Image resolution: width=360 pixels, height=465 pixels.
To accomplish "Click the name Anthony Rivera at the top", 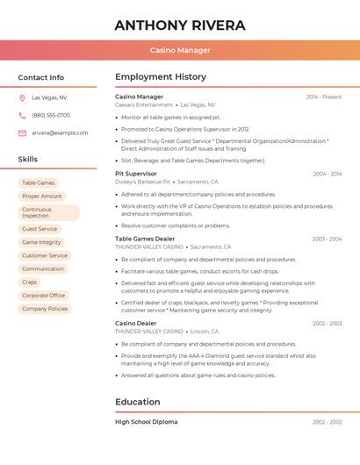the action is (180, 25).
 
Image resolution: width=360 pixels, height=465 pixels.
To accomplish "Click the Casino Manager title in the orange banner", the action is (180, 51).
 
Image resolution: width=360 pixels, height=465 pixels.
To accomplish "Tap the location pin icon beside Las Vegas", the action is (22, 97).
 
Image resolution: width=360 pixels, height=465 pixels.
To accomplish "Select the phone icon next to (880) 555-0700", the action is (22, 115).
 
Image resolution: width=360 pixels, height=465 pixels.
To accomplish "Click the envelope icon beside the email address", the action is (22, 132).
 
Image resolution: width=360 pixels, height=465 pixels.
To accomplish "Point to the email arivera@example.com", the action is (60, 132).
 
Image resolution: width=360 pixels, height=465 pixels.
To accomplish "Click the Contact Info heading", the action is (41, 77).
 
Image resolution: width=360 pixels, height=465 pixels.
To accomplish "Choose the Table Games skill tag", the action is (39, 183).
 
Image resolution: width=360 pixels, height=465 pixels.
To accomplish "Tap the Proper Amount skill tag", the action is (42, 197).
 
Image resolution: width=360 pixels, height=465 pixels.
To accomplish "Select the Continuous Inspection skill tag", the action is (48, 213).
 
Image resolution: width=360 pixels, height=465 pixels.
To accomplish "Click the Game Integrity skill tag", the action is (41, 242).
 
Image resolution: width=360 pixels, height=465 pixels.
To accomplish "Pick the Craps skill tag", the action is (30, 283).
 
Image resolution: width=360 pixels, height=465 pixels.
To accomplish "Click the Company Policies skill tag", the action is (45, 309).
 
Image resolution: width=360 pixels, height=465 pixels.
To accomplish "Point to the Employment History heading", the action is (161, 77).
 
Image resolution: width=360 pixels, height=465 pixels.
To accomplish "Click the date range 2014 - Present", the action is (324, 97).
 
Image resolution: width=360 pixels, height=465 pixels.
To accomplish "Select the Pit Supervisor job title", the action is (136, 174).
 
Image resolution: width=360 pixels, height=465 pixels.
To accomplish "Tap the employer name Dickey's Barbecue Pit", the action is (143, 182).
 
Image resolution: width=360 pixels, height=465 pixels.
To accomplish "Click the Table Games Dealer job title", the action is (145, 239).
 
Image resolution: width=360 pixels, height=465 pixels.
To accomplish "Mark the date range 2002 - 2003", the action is (327, 324).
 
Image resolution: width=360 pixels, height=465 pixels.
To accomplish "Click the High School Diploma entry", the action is (146, 422).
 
